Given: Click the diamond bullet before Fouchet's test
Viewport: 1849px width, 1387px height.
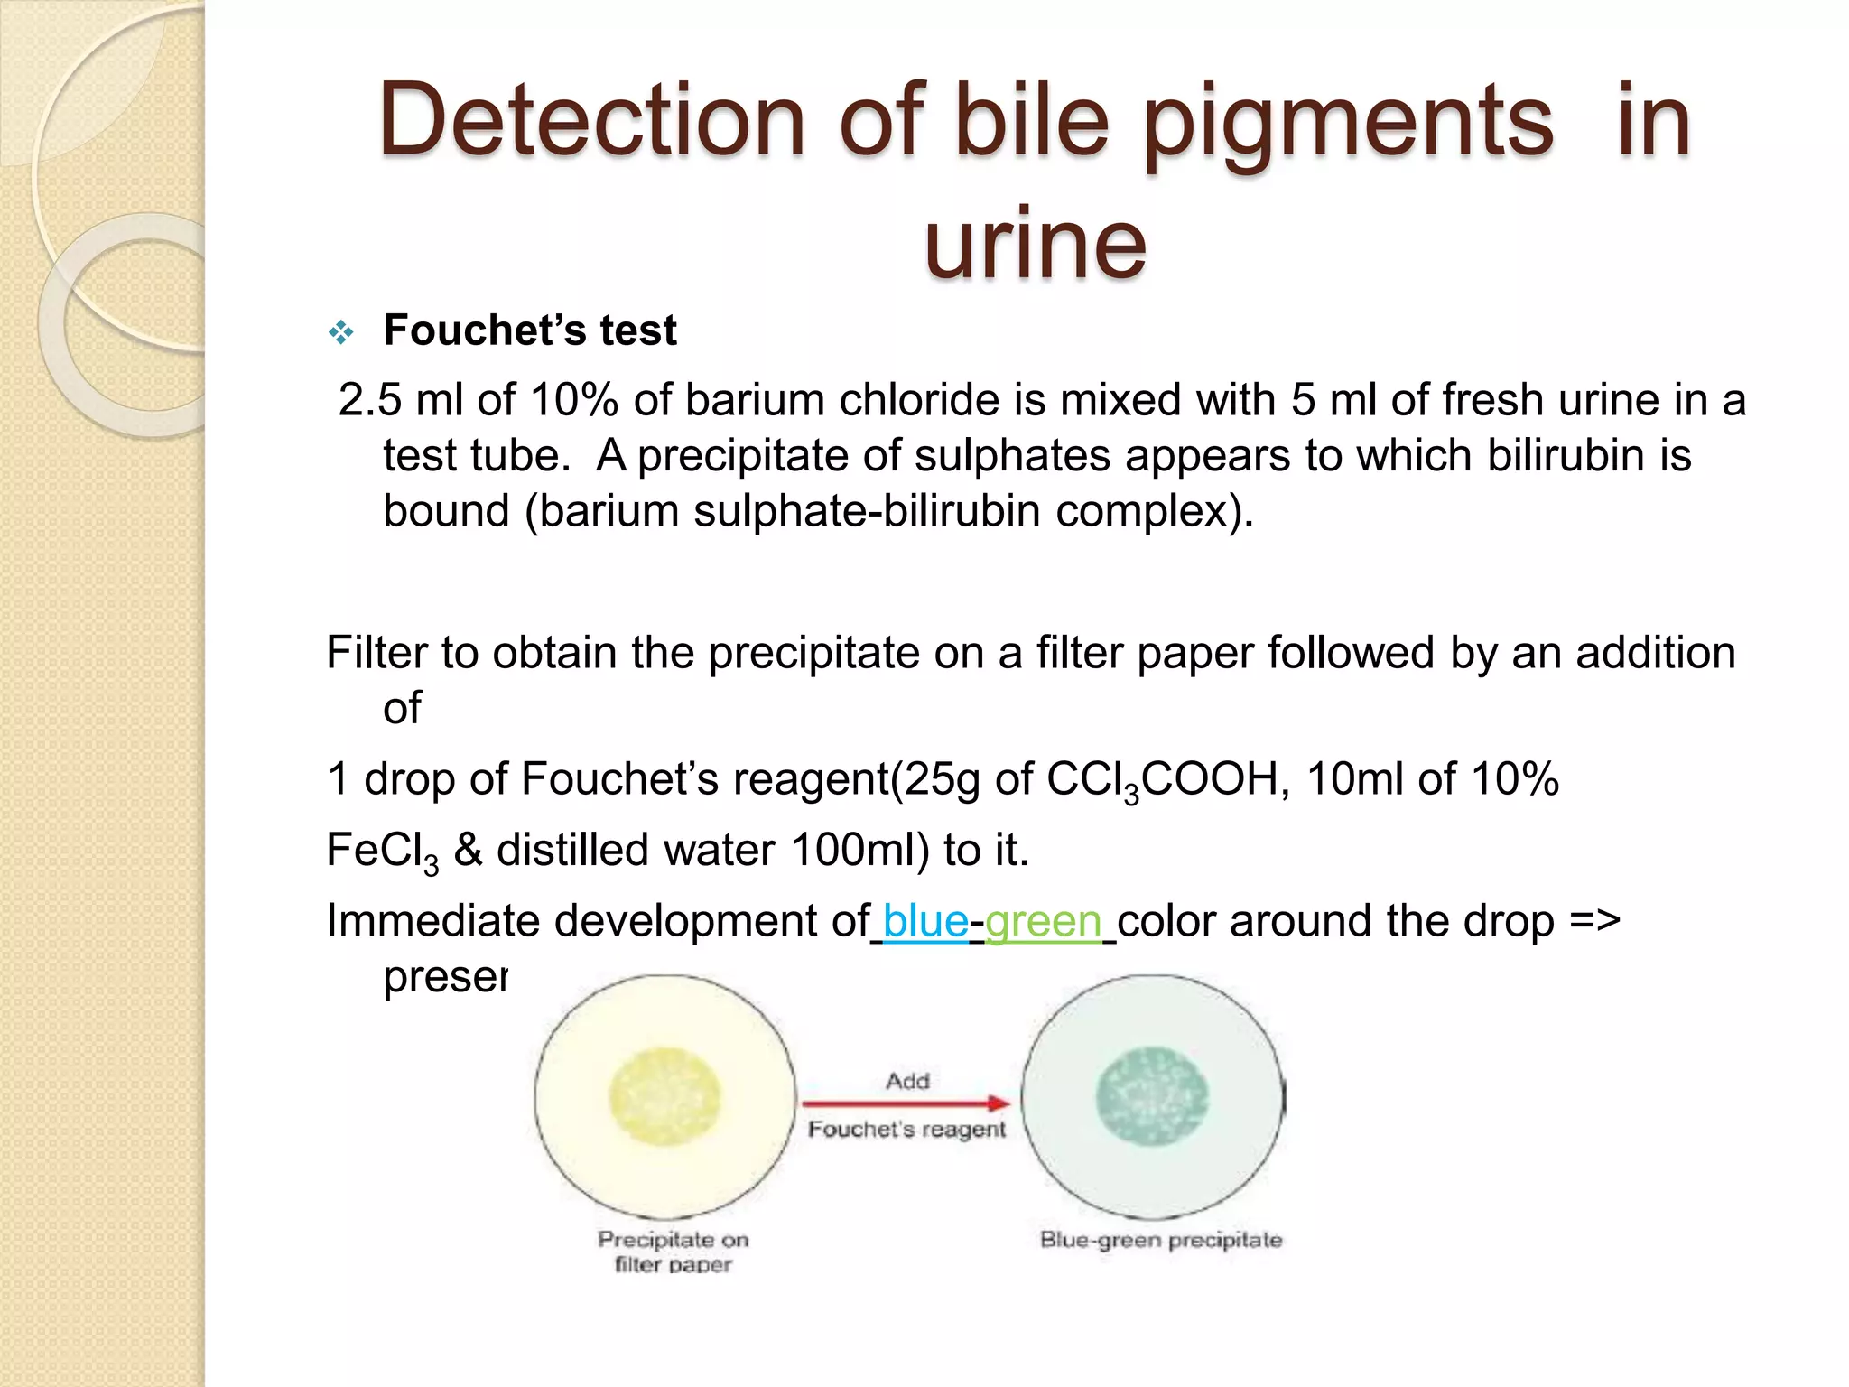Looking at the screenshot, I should (341, 333).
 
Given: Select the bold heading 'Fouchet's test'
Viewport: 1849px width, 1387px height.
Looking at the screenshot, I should (530, 330).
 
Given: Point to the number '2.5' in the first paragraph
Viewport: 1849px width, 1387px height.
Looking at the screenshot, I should (369, 400).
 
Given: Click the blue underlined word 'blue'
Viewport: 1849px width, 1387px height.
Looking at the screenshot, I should (925, 922).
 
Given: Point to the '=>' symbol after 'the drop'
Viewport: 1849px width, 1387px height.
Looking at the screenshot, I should (1594, 922).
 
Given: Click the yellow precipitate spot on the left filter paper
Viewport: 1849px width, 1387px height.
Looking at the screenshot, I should (665, 1096).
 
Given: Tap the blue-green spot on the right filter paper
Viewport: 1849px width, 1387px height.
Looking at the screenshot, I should (1152, 1096).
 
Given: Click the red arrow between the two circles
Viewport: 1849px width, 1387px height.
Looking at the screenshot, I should (906, 1103).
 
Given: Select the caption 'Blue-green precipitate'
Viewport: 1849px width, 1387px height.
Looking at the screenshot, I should (1161, 1240).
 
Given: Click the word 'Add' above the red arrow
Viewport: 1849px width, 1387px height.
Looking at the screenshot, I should (907, 1081).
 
